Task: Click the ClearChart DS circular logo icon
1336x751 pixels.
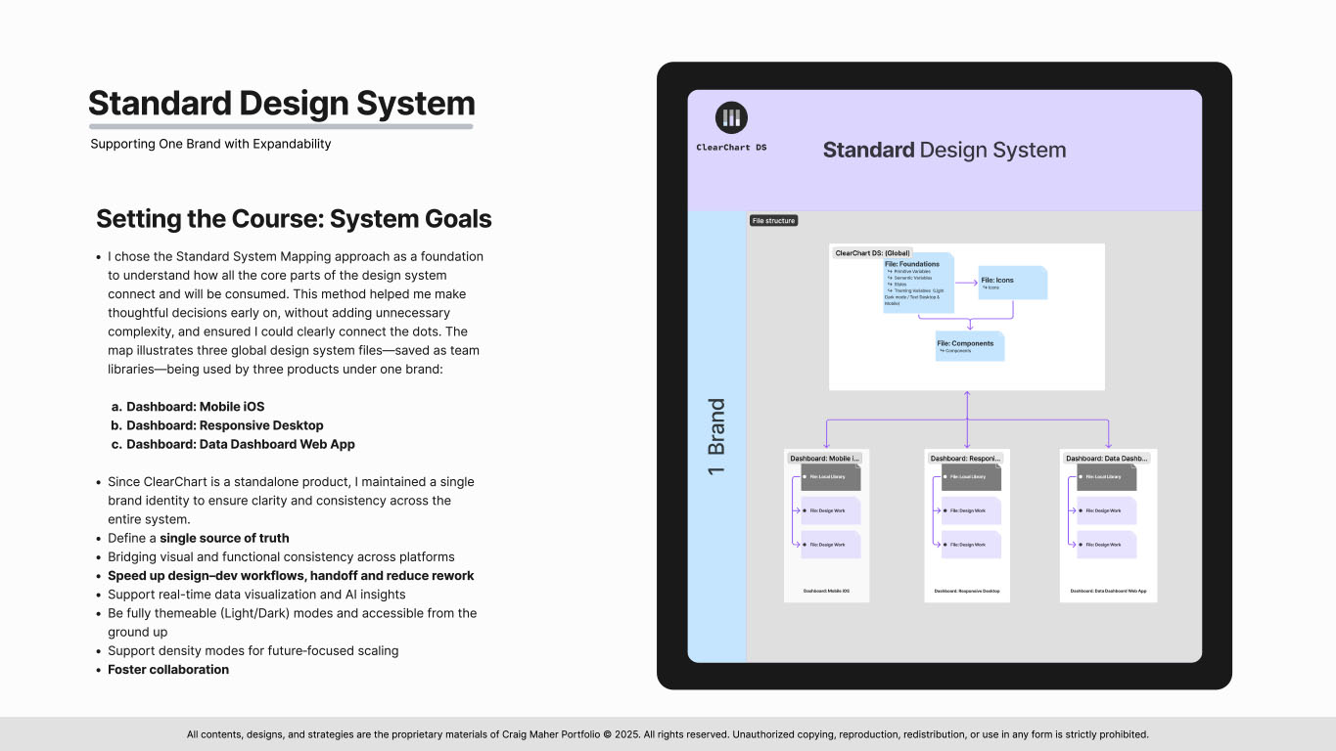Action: tap(731, 118)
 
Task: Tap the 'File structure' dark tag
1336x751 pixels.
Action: tap(773, 221)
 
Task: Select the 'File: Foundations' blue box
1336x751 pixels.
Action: tap(918, 285)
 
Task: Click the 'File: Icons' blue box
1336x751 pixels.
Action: tap(1012, 283)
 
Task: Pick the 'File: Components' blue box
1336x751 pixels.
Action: tap(969, 346)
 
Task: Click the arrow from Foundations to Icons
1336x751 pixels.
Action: tap(967, 283)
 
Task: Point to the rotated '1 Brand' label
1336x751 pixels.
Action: tap(717, 436)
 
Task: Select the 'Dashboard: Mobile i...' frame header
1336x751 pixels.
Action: tap(825, 458)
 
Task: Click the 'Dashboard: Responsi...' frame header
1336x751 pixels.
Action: tap(966, 458)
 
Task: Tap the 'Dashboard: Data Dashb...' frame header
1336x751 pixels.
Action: tap(1107, 458)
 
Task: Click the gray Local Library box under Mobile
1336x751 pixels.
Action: tap(830, 476)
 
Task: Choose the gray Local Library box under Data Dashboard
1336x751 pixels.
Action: tap(1106, 476)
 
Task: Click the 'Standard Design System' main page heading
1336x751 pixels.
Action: tap(281, 104)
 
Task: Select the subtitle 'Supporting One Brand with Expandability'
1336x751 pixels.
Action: tap(210, 144)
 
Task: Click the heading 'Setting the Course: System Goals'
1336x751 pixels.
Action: tap(294, 218)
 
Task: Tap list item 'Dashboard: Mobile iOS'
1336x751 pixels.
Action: tap(195, 407)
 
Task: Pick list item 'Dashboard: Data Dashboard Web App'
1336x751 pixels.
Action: tap(240, 444)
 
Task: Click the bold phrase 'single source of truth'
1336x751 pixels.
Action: tap(224, 538)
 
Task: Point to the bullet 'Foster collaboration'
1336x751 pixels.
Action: tap(167, 670)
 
